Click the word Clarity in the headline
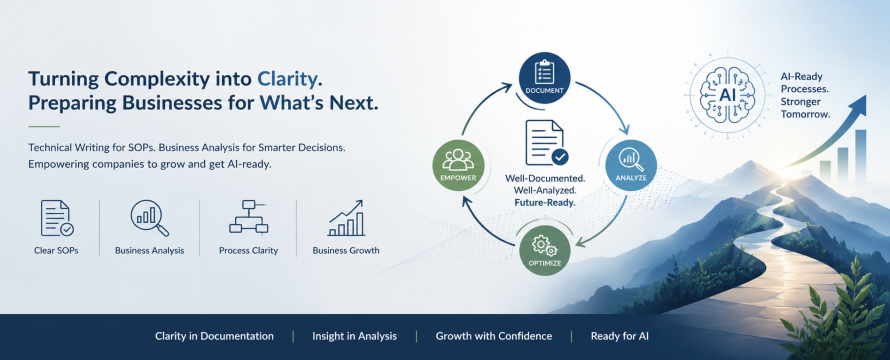tap(287, 78)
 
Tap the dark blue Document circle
tap(544, 78)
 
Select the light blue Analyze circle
tap(631, 165)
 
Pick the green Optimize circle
tap(544, 250)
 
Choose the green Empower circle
tap(458, 165)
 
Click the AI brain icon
tap(727, 95)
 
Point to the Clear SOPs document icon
tap(57, 218)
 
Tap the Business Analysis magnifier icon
tap(150, 218)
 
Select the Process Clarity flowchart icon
tap(248, 217)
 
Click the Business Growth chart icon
tap(346, 217)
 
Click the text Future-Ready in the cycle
tap(545, 202)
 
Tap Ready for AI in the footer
tap(619, 336)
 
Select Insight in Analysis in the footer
tap(354, 336)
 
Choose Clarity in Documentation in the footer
tap(214, 336)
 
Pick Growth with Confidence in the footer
tap(494, 336)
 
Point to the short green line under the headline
tap(44, 126)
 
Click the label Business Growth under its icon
tap(346, 250)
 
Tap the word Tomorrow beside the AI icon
tap(805, 114)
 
